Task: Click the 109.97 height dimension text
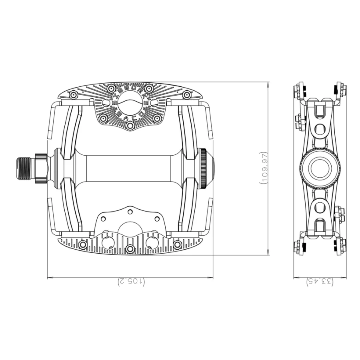(x=263, y=168)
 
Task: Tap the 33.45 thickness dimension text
(x=320, y=282)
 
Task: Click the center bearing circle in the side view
(x=320, y=168)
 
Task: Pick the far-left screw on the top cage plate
(x=73, y=95)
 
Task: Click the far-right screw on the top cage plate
(x=186, y=95)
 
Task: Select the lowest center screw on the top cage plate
(x=130, y=126)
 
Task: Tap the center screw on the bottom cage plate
(x=130, y=249)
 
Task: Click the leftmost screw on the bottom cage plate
(x=83, y=244)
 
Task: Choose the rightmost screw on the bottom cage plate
(x=177, y=244)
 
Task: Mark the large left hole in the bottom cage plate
(x=108, y=242)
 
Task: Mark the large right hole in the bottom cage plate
(x=152, y=242)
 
